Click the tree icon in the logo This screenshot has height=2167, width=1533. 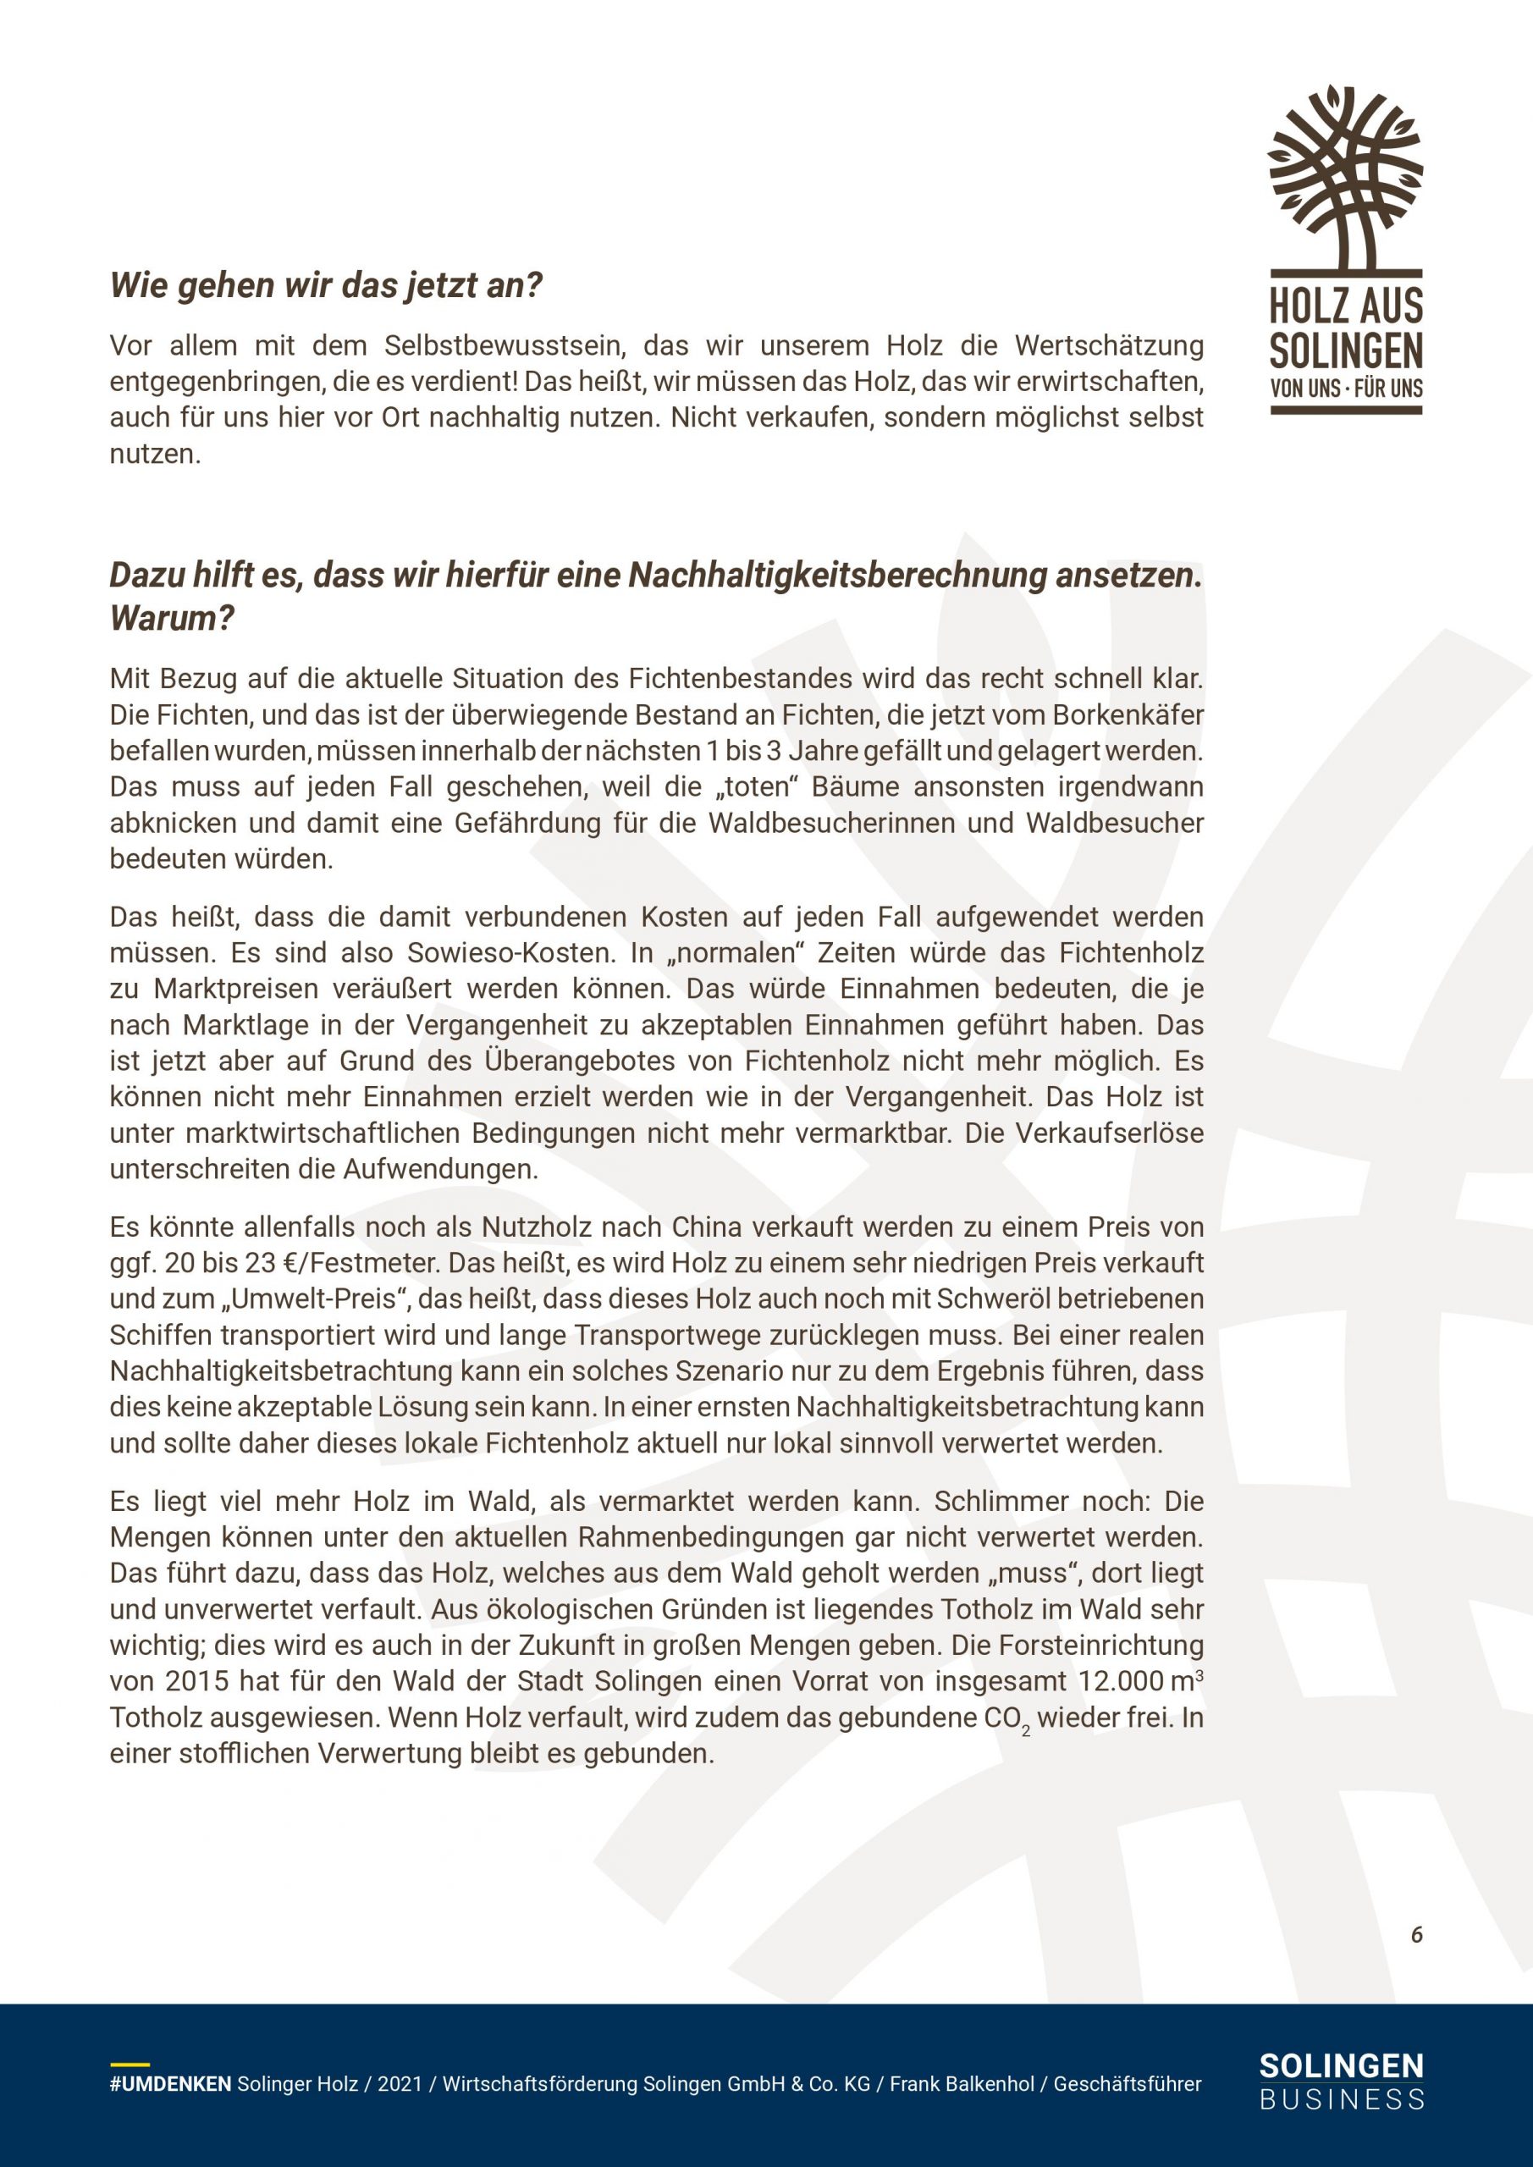tap(1345, 174)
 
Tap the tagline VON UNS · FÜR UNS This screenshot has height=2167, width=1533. tap(1346, 388)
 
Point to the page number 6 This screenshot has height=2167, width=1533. tap(1416, 1935)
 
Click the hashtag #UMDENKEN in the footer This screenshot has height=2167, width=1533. tap(170, 2084)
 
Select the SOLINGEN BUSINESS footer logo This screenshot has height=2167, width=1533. tap(1342, 2080)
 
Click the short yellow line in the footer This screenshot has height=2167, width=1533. tap(130, 2064)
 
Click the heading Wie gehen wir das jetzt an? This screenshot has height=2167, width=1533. tap(327, 285)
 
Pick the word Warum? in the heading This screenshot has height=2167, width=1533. tap(172, 618)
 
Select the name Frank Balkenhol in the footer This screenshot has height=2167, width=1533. tap(962, 2084)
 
